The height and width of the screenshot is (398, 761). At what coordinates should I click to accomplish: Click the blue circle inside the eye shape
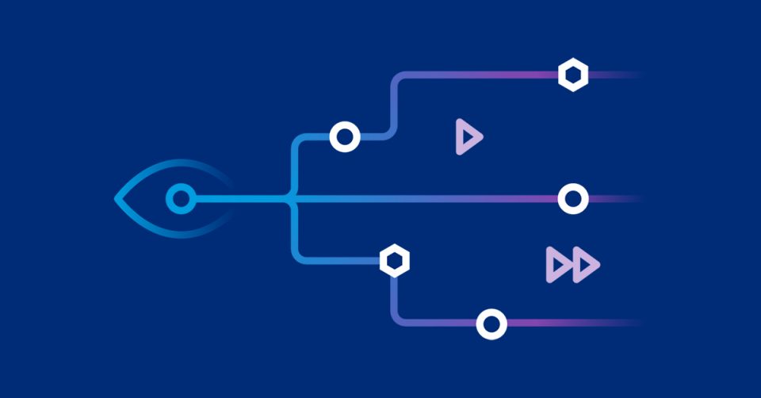pyautogui.click(x=181, y=198)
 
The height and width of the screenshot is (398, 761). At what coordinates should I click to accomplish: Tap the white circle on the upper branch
pyautogui.click(x=345, y=137)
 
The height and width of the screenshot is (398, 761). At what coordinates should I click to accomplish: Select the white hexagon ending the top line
pyautogui.click(x=572, y=75)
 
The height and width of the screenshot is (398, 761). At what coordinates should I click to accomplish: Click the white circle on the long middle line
pyautogui.click(x=572, y=198)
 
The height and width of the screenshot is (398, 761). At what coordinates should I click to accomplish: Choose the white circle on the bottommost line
pyautogui.click(x=491, y=323)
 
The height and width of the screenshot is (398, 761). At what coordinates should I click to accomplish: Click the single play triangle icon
pyautogui.click(x=467, y=136)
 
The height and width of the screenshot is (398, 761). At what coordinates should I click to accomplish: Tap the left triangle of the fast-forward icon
pyautogui.click(x=558, y=264)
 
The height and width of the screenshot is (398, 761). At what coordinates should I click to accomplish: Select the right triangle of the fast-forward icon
pyautogui.click(x=586, y=264)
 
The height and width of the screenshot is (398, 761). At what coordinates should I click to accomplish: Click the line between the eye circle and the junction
pyautogui.click(x=238, y=198)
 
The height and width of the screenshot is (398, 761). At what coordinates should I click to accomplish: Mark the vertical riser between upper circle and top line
pyautogui.click(x=393, y=107)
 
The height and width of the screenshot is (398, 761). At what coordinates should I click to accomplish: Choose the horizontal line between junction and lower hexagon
pyautogui.click(x=341, y=260)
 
